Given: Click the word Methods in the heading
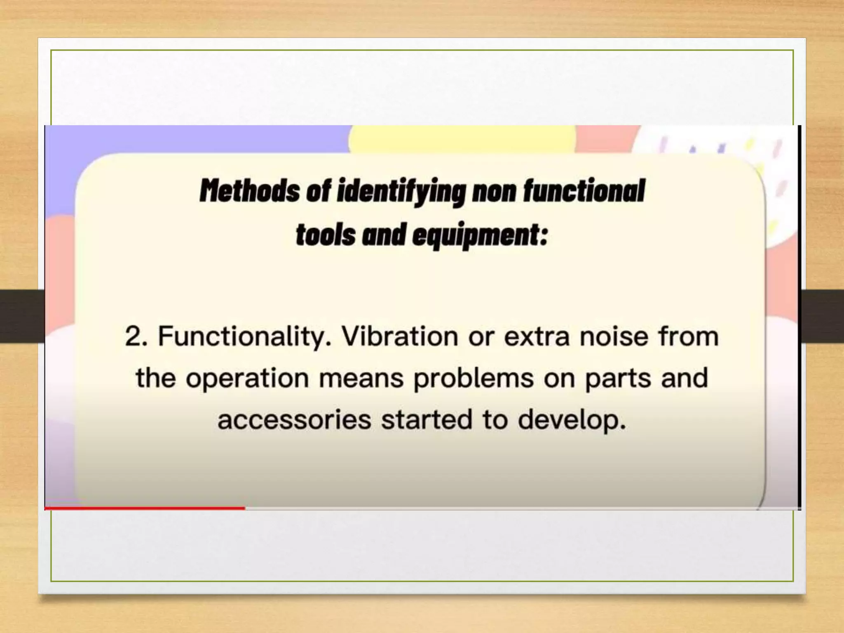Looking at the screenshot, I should point(250,191).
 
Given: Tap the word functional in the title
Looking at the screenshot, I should point(584,191).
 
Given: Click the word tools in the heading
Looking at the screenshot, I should point(326,235).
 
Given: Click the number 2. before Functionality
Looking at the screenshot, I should point(136,336).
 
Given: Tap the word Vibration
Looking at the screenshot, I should point(400,336).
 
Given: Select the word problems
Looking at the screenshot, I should point(474,378).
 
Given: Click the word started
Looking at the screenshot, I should point(427,420).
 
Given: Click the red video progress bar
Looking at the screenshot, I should point(144,508).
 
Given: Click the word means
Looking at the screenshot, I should point(361,378).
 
